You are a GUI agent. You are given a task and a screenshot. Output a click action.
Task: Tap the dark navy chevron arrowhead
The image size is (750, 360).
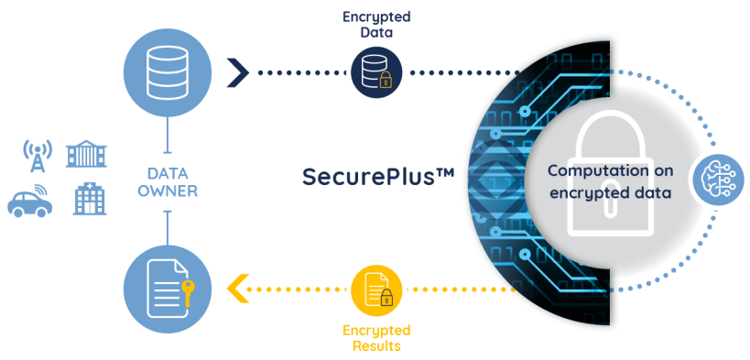(x=237, y=72)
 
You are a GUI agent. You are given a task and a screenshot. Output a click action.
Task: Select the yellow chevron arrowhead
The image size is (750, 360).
(x=237, y=289)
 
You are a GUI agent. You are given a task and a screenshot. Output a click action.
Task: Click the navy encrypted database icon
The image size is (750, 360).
(x=376, y=72)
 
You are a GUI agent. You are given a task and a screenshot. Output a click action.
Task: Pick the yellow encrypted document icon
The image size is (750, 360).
(x=376, y=289)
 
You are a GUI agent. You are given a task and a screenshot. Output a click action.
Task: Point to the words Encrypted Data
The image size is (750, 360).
(x=376, y=25)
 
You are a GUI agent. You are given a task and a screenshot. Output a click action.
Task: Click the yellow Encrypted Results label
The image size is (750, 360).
(x=376, y=337)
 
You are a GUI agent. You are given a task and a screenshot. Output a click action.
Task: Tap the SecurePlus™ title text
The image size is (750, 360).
(x=378, y=177)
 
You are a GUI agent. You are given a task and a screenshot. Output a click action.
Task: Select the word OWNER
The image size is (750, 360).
(x=167, y=191)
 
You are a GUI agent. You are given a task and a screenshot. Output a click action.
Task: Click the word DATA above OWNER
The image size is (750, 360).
(x=167, y=173)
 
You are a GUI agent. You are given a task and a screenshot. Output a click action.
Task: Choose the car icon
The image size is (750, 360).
(x=29, y=200)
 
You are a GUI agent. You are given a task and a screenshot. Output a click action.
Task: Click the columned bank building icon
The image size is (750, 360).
(x=86, y=154)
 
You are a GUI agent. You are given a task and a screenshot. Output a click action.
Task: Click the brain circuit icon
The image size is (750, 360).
(x=715, y=179)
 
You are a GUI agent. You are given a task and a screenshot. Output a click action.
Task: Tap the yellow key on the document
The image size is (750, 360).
(x=189, y=293)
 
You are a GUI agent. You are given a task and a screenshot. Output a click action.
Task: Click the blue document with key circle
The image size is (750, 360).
(x=167, y=289)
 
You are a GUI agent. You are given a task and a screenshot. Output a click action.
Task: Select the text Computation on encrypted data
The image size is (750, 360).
(x=611, y=182)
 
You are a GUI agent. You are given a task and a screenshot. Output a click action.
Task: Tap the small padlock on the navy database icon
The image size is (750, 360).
(x=385, y=82)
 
